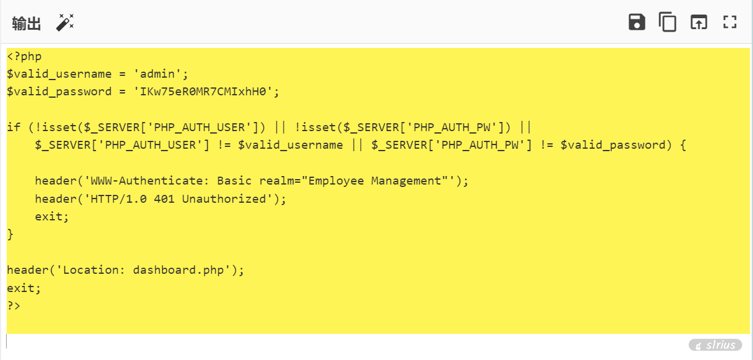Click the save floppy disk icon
click(636, 22)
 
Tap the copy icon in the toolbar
click(667, 22)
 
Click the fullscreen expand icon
click(730, 22)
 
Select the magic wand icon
click(65, 22)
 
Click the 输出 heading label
click(27, 24)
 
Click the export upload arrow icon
click(699, 22)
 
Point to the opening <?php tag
click(24, 56)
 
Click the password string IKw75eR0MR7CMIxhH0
click(203, 92)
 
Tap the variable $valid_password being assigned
click(59, 92)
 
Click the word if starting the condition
click(13, 127)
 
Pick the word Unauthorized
click(224, 199)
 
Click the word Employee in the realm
click(336, 181)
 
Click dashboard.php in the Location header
click(178, 270)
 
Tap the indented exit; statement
click(52, 217)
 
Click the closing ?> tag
click(13, 305)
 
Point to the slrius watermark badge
click(715, 345)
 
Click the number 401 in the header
click(164, 199)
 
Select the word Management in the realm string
click(406, 181)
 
